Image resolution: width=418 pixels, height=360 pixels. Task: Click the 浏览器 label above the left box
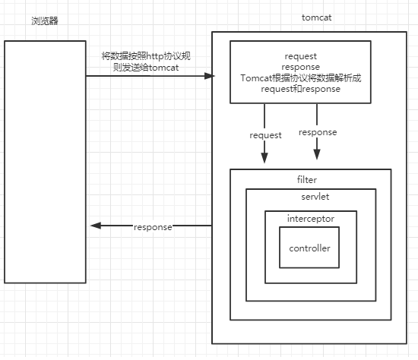(45, 19)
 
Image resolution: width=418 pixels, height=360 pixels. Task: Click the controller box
(309, 248)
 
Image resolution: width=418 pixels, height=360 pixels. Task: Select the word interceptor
(310, 219)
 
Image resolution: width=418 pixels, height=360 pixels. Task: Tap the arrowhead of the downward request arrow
(264, 159)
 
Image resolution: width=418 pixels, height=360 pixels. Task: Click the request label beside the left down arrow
(265, 135)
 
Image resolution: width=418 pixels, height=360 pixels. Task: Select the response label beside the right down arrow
(318, 132)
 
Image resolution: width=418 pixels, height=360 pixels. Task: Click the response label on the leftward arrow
(153, 227)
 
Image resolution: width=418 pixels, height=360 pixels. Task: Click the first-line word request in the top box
(300, 56)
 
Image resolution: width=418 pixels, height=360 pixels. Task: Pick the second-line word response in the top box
(300, 67)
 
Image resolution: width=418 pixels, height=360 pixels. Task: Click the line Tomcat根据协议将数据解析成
(300, 78)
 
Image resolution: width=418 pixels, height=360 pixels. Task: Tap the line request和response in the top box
(300, 90)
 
